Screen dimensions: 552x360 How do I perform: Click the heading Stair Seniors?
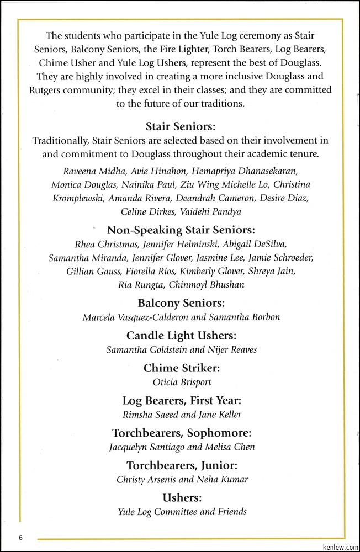[x=181, y=126]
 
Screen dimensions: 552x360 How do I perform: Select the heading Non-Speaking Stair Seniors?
[x=181, y=230]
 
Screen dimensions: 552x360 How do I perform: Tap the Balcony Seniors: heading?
[x=181, y=303]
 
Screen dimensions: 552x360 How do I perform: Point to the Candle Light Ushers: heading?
[x=181, y=335]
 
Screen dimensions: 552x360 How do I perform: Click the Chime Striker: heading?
[x=181, y=368]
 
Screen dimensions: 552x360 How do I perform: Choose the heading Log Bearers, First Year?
[x=181, y=400]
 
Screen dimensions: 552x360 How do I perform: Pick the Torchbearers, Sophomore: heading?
[x=181, y=433]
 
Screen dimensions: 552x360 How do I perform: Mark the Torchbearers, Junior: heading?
[x=181, y=465]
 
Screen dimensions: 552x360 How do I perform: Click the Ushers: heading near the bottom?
[x=181, y=498]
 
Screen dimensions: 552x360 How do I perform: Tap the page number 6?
[x=20, y=538]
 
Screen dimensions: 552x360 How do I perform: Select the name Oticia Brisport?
[x=182, y=382]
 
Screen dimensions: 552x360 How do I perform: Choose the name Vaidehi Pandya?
[x=210, y=211]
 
